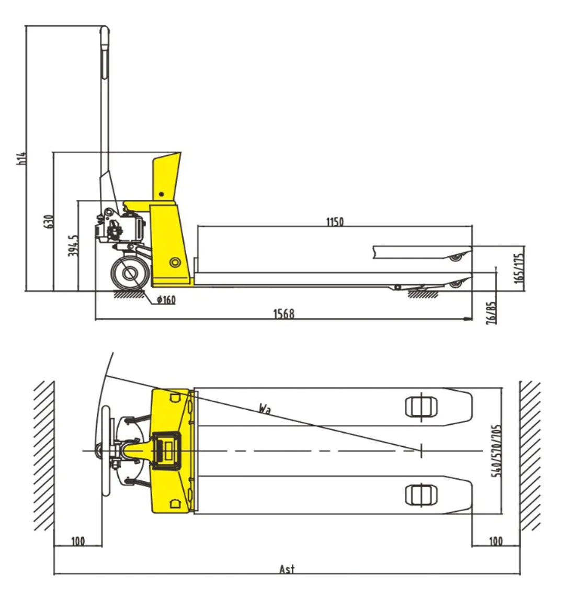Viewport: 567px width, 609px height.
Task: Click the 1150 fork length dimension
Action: (335, 222)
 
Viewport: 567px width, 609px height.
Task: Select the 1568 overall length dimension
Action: (284, 313)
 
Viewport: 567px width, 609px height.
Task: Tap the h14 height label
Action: (22, 159)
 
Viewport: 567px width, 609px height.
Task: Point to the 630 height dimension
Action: (49, 221)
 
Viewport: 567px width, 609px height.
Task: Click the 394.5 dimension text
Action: (73, 245)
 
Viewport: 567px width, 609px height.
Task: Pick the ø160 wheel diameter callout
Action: (166, 300)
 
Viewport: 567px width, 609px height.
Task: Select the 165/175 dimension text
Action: (519, 268)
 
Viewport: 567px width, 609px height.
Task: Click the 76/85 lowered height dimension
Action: (491, 313)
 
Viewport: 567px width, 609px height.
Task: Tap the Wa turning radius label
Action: (265, 409)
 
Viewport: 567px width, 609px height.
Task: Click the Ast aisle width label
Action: (287, 569)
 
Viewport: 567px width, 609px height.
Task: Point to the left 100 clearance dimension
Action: (77, 541)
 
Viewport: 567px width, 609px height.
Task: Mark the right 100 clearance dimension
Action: (495, 541)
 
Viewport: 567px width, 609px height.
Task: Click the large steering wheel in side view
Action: (130, 273)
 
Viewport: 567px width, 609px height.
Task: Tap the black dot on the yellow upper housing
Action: (162, 194)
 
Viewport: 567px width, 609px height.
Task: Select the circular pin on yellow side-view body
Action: (175, 263)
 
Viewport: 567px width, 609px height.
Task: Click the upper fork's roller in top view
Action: (421, 406)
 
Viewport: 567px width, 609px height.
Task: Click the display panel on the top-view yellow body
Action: (167, 450)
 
